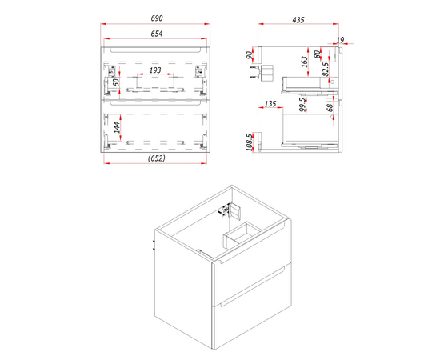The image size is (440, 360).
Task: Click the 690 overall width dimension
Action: point(157,18)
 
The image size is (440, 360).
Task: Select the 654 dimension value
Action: point(157,34)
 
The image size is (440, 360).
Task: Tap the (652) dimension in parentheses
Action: point(156,158)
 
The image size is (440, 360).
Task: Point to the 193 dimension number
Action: point(155,70)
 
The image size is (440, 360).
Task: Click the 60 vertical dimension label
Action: point(116,82)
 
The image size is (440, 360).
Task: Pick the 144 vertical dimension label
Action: point(117,127)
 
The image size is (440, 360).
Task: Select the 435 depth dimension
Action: point(298,20)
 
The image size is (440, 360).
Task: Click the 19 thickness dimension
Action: point(340,40)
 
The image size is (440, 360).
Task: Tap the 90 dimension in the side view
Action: point(249,55)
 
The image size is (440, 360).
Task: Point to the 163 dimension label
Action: point(304,62)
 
